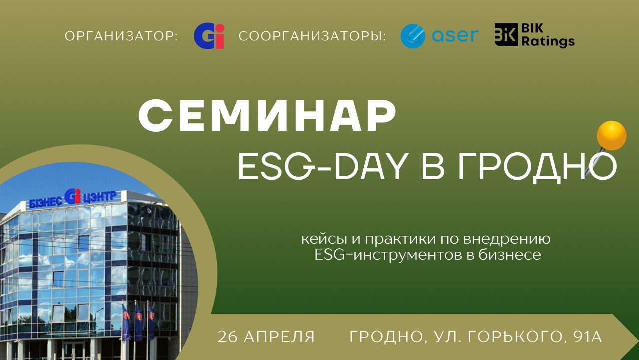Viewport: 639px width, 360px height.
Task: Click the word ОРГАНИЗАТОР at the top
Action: [121, 37]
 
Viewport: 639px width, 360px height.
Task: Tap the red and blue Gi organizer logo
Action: [209, 37]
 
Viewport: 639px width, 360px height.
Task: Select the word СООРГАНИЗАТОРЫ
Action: [313, 37]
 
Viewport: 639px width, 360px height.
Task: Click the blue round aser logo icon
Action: [413, 36]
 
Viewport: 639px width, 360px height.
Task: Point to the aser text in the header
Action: [456, 36]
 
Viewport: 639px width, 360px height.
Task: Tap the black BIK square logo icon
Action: [506, 35]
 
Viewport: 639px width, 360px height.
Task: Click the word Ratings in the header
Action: [548, 42]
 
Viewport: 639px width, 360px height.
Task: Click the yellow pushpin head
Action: [611, 135]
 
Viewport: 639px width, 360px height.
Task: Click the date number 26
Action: [227, 337]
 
